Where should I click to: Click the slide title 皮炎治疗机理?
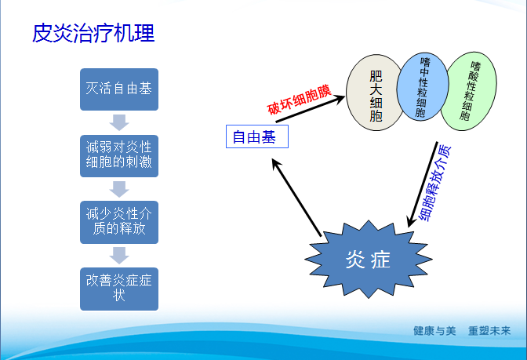point(93,33)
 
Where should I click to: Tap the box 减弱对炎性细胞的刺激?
point(119,155)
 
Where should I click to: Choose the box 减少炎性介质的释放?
point(119,221)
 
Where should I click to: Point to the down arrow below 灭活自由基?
point(119,122)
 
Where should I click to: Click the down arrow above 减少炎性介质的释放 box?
point(119,188)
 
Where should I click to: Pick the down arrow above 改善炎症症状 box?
point(119,255)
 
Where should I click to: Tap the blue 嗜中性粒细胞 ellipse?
point(423,88)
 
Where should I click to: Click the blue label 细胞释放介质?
point(436,182)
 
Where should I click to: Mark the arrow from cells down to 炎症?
point(420,184)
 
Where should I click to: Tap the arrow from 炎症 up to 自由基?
point(296,197)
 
